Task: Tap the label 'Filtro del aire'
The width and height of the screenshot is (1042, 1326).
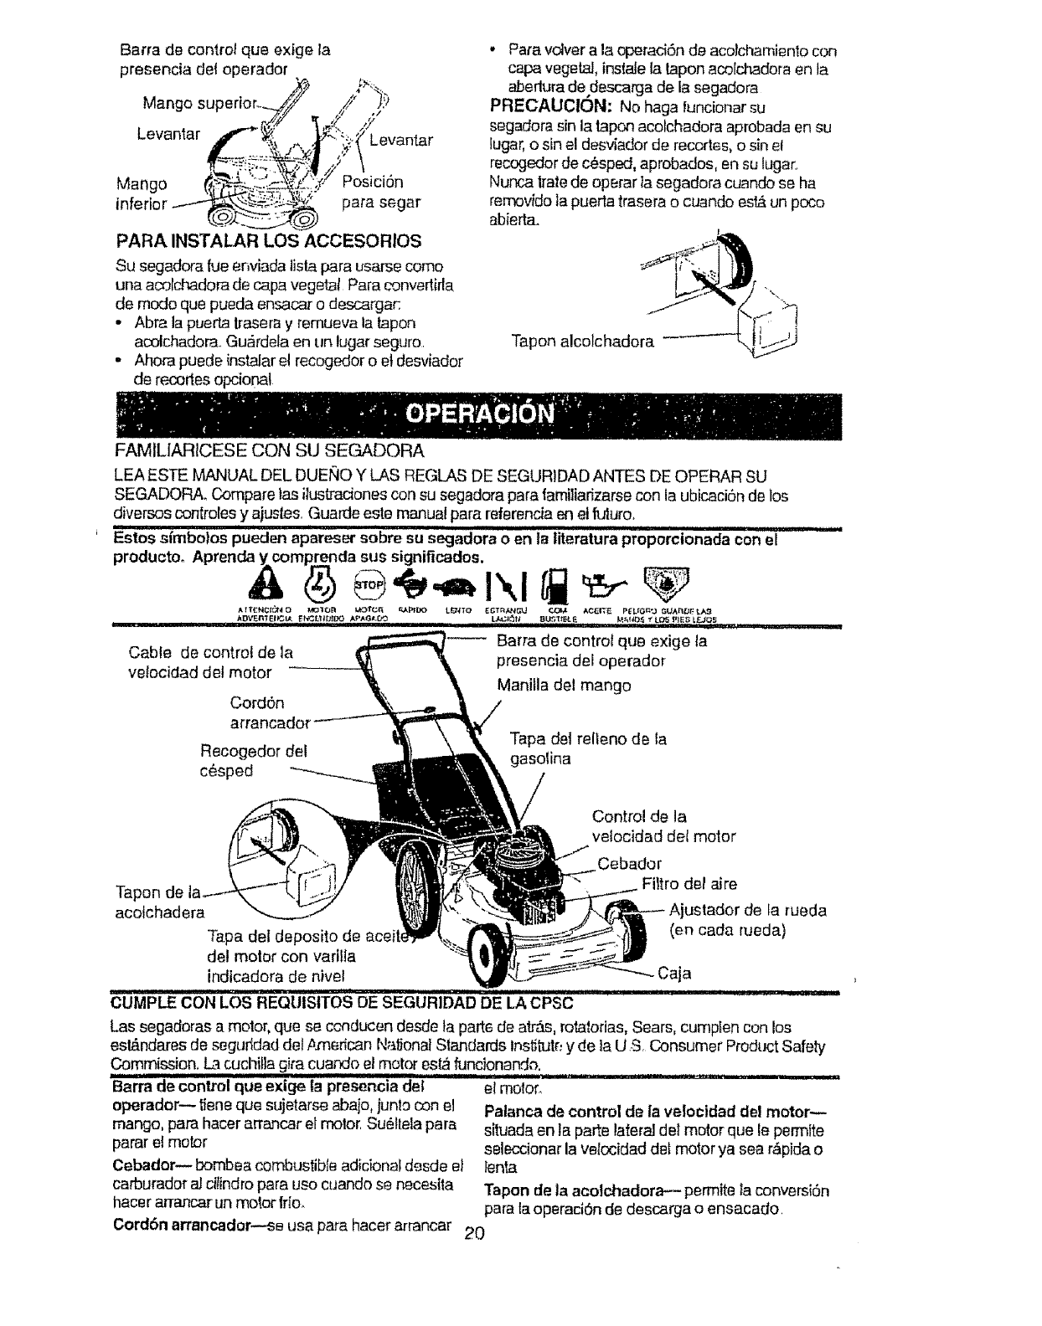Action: click(x=689, y=884)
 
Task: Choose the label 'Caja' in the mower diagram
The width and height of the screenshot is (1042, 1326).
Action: click(x=674, y=973)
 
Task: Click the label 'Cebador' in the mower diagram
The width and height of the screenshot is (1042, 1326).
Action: click(x=630, y=864)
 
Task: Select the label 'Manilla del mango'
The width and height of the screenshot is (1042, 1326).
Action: click(x=564, y=686)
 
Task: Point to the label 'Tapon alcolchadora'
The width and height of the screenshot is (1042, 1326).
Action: click(x=582, y=342)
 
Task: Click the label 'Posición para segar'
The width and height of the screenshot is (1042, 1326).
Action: click(x=381, y=192)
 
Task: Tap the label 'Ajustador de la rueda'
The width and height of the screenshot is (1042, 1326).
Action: click(x=748, y=911)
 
